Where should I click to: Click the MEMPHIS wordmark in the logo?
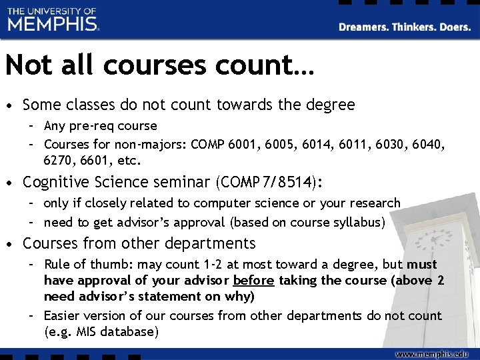coord(53,24)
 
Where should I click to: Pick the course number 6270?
coord(59,160)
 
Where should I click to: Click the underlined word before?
coord(254,280)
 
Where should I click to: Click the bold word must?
coord(422,264)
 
